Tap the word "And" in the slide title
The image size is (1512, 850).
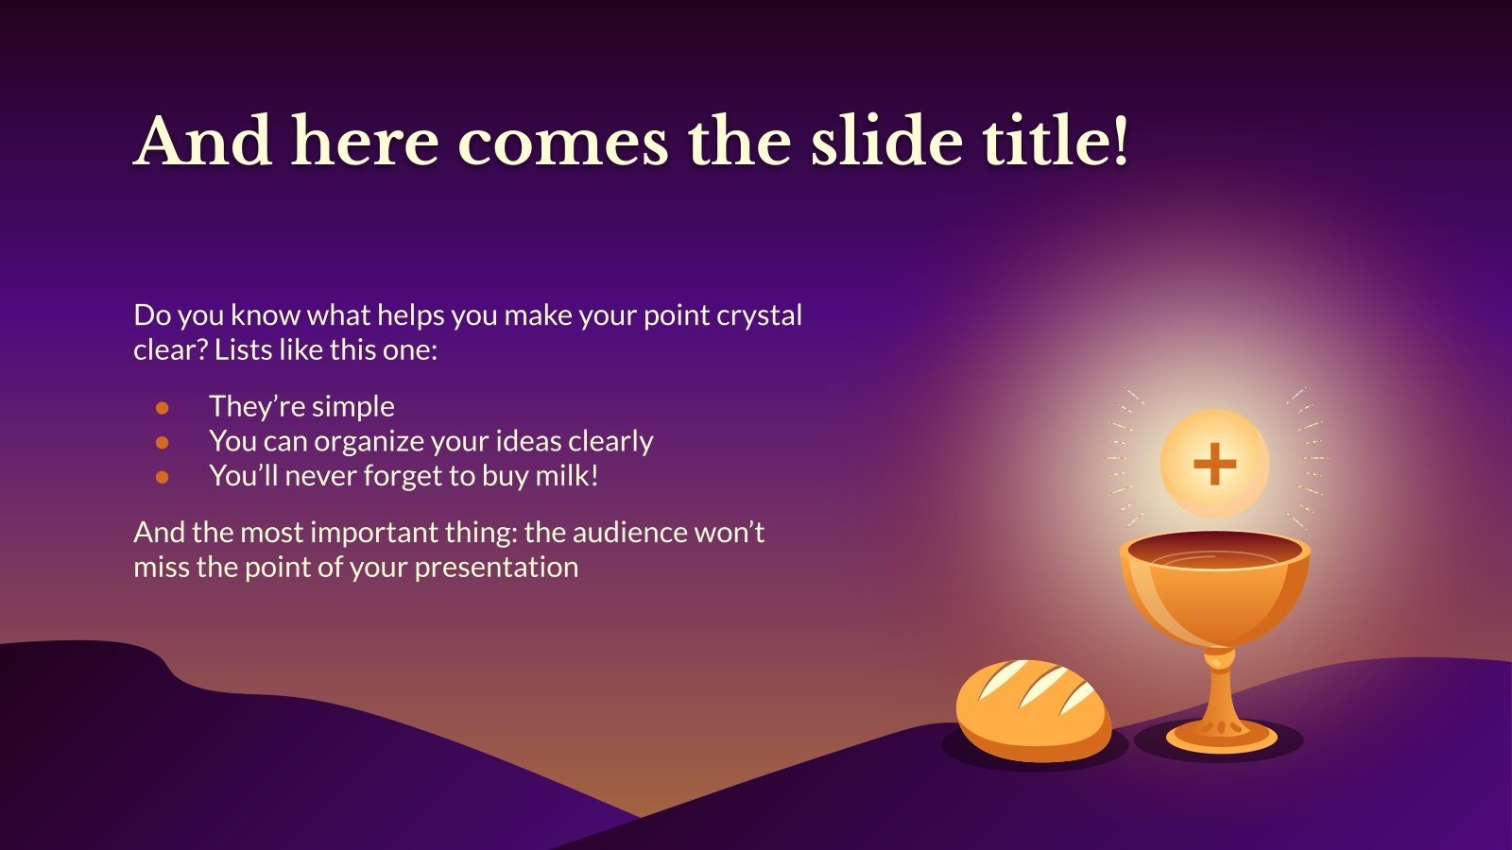pyautogui.click(x=202, y=141)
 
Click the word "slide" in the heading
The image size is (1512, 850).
pyautogui.click(x=886, y=141)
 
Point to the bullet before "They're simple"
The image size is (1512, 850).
pyautogui.click(x=162, y=407)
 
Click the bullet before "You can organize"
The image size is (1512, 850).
pyautogui.click(x=162, y=443)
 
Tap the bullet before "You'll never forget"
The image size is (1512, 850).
pyautogui.click(x=162, y=478)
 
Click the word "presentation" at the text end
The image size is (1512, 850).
pyautogui.click(x=496, y=568)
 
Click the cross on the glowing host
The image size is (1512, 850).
pyautogui.click(x=1215, y=464)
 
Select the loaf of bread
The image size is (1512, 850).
pyautogui.click(x=1033, y=711)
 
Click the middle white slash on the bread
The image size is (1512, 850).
pyautogui.click(x=1043, y=686)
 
